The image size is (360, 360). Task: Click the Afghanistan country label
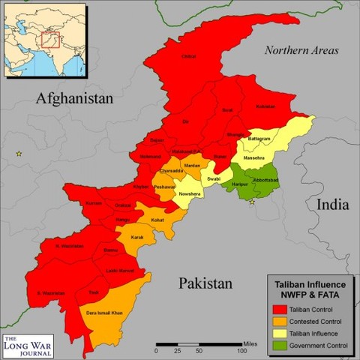pos(76,98)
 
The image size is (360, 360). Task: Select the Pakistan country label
pos(205,283)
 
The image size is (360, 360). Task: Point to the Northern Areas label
pos(301,51)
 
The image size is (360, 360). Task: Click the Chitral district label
pos(188,55)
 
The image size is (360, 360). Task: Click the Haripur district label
pos(239,184)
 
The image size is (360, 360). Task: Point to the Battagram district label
pos(259,139)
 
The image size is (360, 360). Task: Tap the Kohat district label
pos(157,220)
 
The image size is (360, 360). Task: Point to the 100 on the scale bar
pos(242,350)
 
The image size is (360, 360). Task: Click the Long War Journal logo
pos(30,340)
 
